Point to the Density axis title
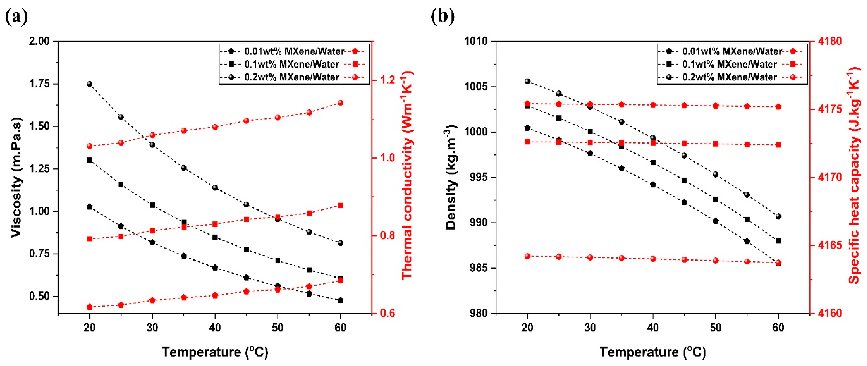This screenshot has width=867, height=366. click(451, 177)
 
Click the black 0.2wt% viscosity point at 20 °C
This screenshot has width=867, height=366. click(89, 84)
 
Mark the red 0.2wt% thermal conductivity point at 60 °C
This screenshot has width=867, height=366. click(340, 103)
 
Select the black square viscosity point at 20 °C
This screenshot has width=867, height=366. click(89, 160)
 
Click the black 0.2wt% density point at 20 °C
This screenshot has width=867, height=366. click(527, 81)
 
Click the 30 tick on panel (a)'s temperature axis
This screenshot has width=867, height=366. click(152, 327)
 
